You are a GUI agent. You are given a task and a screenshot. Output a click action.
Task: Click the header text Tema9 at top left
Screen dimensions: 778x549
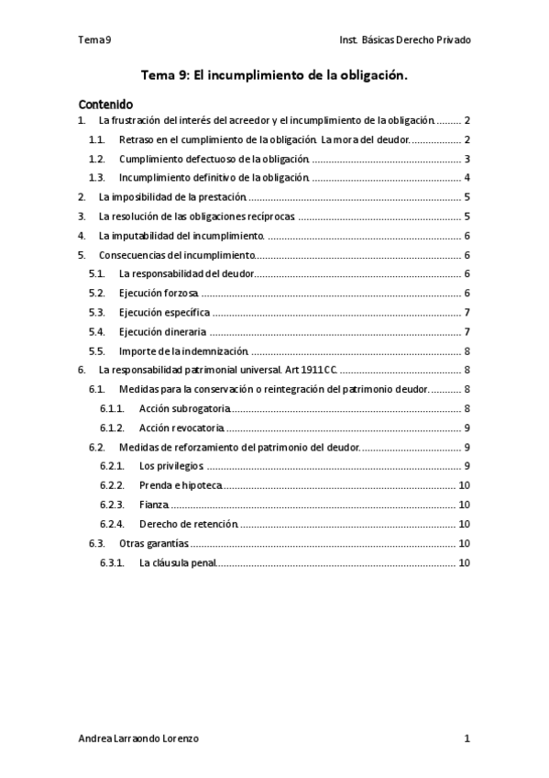pyautogui.click(x=95, y=40)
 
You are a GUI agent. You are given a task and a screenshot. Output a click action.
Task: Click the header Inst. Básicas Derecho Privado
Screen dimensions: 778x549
pyautogui.click(x=404, y=40)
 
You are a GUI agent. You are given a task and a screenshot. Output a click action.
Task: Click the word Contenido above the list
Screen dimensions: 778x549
pyautogui.click(x=105, y=104)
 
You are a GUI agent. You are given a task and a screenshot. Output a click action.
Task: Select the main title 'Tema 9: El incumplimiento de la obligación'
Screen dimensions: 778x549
pyautogui.click(x=274, y=78)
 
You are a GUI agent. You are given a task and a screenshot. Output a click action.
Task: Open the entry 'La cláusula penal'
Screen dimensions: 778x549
pyautogui.click(x=178, y=562)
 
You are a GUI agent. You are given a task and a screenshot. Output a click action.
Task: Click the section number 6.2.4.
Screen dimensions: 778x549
pyautogui.click(x=112, y=524)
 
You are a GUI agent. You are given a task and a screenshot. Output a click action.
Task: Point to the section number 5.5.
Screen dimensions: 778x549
pyautogui.click(x=97, y=350)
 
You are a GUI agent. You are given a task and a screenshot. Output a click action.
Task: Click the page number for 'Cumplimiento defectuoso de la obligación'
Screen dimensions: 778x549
pyautogui.click(x=467, y=159)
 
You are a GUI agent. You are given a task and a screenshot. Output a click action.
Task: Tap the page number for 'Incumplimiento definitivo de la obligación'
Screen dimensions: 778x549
pyautogui.click(x=467, y=178)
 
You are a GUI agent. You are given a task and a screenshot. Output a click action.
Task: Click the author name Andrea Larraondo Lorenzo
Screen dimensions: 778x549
pyautogui.click(x=138, y=738)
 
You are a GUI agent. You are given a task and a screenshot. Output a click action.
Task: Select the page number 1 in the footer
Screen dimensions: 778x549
pyautogui.click(x=467, y=738)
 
